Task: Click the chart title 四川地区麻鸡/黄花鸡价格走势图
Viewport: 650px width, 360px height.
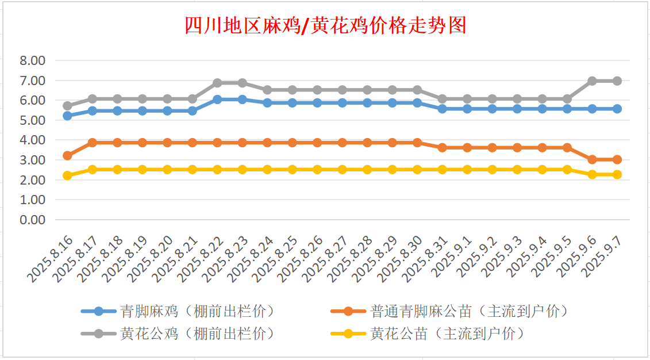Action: [x=325, y=26]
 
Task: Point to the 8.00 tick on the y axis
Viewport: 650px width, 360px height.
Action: [x=32, y=60]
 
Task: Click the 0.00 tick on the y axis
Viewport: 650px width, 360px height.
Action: [x=32, y=220]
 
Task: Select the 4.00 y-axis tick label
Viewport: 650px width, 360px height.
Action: [x=32, y=140]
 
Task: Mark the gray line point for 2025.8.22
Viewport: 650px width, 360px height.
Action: [x=218, y=83]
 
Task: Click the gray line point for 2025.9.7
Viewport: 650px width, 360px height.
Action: [x=617, y=81]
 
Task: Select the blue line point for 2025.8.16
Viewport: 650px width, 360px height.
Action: [x=68, y=116]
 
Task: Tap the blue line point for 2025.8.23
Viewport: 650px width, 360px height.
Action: [x=243, y=99]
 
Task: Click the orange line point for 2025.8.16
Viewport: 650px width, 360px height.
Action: [x=68, y=155]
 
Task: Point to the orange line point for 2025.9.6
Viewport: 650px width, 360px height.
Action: [x=592, y=159]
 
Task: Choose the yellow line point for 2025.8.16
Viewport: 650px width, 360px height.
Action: [x=68, y=175]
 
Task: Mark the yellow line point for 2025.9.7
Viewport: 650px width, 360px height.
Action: [x=617, y=174]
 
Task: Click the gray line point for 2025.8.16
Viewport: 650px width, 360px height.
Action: [x=68, y=106]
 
